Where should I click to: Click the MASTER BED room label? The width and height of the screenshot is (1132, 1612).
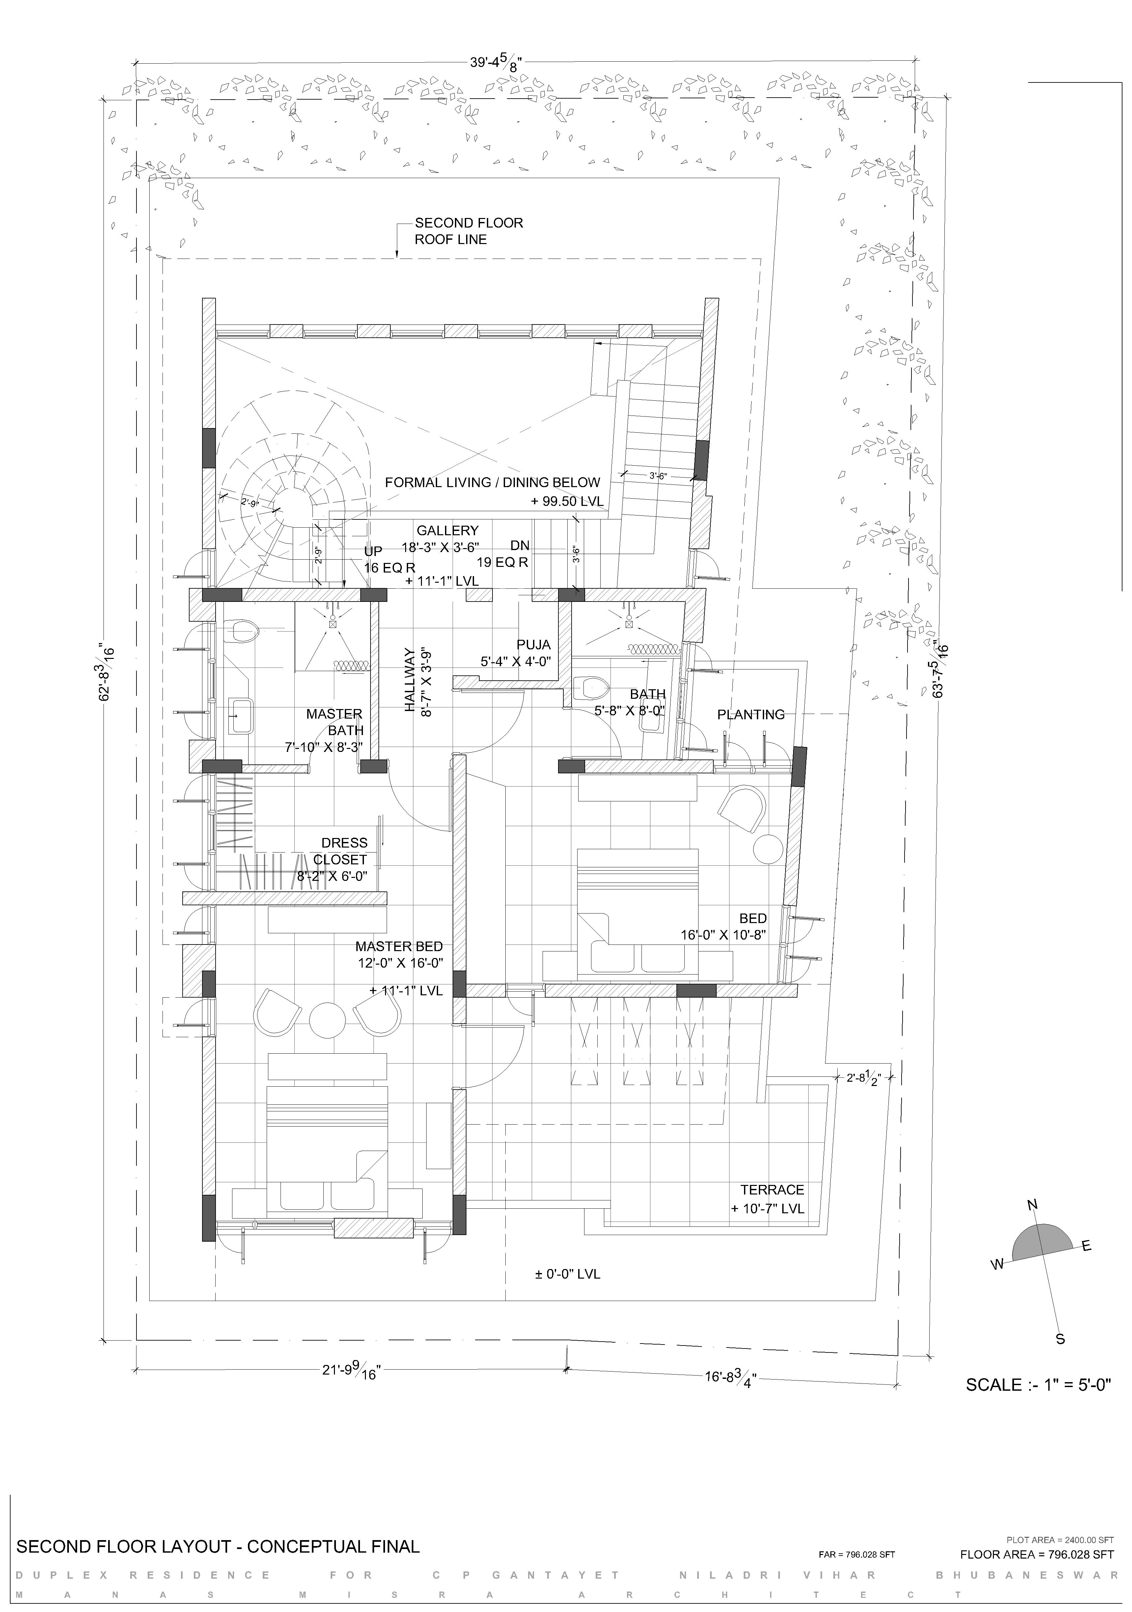pyautogui.click(x=399, y=946)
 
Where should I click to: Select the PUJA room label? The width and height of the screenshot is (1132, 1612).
pyautogui.click(x=533, y=644)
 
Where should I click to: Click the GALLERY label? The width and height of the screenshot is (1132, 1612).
pyautogui.click(x=447, y=531)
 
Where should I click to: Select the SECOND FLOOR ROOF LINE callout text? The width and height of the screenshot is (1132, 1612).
pyautogui.click(x=469, y=231)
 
